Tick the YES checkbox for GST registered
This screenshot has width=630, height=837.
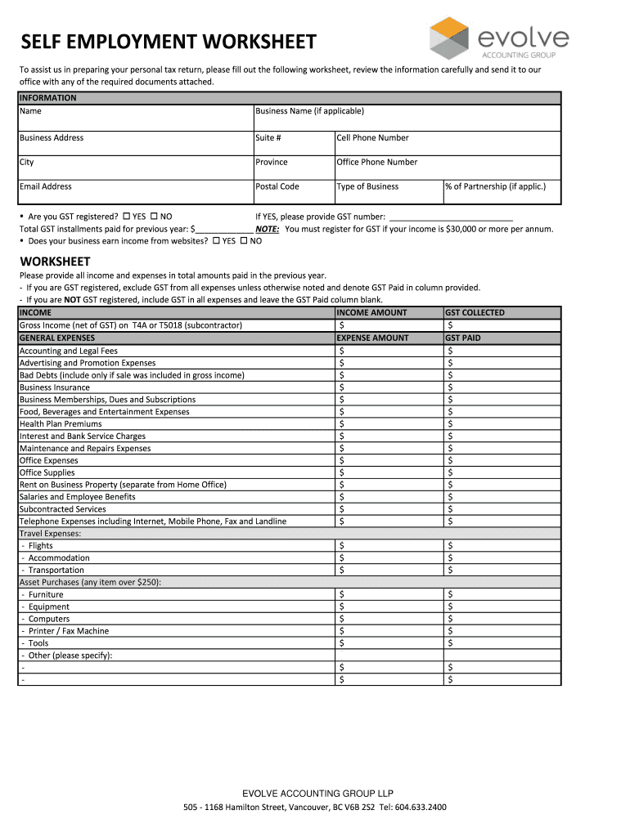127,217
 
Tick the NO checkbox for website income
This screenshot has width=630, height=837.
244,241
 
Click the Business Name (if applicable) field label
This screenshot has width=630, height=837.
309,111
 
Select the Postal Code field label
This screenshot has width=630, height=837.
277,186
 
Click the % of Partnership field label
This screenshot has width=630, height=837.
495,186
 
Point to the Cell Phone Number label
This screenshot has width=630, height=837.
372,138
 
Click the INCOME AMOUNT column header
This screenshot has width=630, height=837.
372,313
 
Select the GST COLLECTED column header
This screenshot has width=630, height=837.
475,313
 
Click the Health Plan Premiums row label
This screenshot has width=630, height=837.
61,424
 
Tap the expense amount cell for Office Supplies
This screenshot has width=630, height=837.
389,472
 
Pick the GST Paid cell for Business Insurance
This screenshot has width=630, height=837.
502,387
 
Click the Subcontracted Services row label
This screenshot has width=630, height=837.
63,509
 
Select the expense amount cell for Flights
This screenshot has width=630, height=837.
389,546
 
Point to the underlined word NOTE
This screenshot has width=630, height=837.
267,230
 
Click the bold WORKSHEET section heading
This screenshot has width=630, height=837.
55,262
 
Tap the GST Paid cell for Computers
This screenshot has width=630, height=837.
502,619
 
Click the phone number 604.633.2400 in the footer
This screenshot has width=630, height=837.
421,808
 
